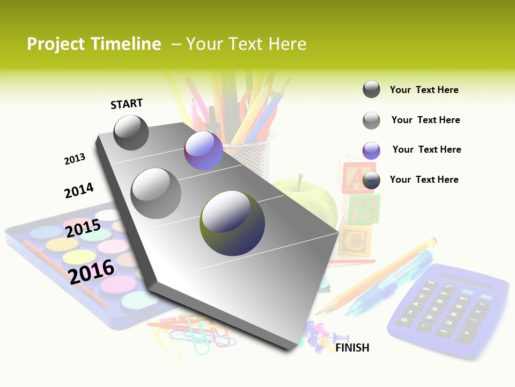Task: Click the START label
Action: click(127, 104)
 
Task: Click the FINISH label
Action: click(352, 348)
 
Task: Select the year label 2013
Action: click(75, 159)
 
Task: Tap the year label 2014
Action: click(79, 190)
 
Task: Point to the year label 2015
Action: click(83, 228)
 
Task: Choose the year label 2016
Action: click(92, 270)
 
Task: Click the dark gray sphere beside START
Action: click(131, 132)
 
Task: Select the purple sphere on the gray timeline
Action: click(203, 150)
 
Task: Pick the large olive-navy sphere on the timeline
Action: click(232, 223)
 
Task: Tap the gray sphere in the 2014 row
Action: click(156, 193)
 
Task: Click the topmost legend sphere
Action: click(371, 89)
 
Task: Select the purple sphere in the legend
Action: click(371, 150)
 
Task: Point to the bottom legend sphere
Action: click(371, 181)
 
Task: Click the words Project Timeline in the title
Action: click(94, 44)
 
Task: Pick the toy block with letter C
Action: click(354, 242)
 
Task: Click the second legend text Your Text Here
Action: click(425, 120)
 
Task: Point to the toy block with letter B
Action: click(362, 209)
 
